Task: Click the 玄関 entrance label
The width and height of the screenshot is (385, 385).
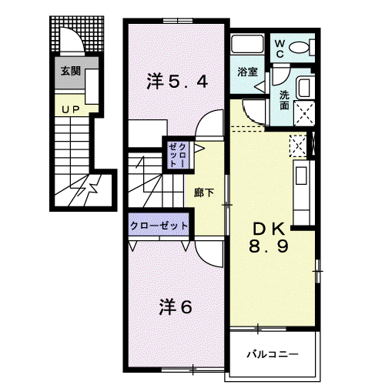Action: [x=71, y=71]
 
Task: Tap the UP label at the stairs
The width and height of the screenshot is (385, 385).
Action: [x=71, y=110]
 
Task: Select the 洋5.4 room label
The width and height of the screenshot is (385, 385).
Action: [x=177, y=82]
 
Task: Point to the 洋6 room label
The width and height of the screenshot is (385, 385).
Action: [x=176, y=307]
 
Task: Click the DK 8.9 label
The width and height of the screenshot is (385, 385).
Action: [x=269, y=238]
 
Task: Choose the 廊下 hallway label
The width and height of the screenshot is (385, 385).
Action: [x=204, y=192]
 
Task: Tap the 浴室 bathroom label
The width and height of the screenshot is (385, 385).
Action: [x=247, y=72]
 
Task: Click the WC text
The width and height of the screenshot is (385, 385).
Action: [x=280, y=49]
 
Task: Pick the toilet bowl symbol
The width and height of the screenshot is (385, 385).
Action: [x=299, y=48]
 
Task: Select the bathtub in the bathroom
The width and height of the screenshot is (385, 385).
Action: [x=247, y=44]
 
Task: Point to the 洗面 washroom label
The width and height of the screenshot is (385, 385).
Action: [x=284, y=100]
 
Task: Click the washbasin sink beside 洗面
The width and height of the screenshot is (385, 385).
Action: [x=304, y=88]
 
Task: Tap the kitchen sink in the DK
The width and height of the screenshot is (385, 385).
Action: [x=301, y=176]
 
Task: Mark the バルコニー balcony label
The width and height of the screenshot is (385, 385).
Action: [x=273, y=355]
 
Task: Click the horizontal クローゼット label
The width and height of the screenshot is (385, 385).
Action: [x=159, y=226]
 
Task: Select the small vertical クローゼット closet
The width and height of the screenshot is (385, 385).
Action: [x=179, y=156]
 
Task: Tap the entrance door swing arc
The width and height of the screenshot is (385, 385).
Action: [x=76, y=35]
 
